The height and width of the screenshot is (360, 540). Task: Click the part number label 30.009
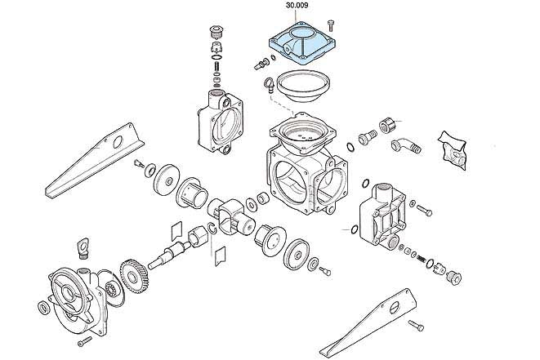click(297, 7)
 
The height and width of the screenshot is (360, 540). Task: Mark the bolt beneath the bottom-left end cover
click(85, 338)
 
